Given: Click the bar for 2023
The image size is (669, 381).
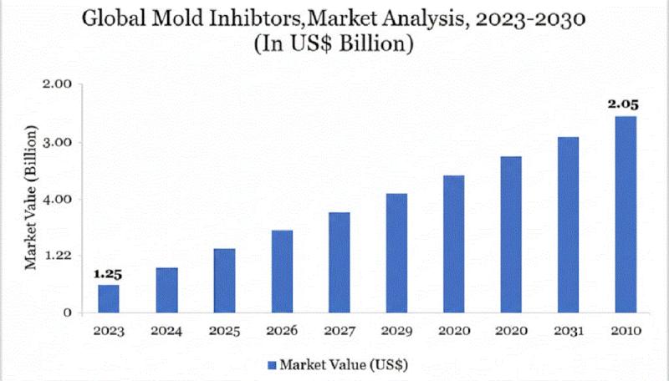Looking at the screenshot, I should pos(109,298).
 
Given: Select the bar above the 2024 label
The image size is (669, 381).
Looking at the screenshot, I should pos(166,290).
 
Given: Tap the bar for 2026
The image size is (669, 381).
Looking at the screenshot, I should pos(282,272).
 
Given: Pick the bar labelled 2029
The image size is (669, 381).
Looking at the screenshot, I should pos(396,253).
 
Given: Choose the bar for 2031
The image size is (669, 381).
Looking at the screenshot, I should pos(568,225).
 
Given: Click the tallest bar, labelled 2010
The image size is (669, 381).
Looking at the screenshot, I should pos(626,215).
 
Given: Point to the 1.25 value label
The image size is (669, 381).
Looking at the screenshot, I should pos(108,274).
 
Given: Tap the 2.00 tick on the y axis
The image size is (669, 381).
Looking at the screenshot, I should pos(57,84).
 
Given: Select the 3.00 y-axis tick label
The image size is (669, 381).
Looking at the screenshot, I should pos(57,142).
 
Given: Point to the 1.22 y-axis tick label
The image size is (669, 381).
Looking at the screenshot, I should pos(57,256).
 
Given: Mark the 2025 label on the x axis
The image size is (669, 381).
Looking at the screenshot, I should pos(224,331).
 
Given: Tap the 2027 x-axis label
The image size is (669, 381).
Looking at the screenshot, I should pos(339,331).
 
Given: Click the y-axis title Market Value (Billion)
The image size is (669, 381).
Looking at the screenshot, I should pos(30,199).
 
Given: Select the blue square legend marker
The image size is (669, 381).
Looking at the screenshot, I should pos(271,364).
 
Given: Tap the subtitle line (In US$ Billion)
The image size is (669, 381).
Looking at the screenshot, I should pos(334,43).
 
